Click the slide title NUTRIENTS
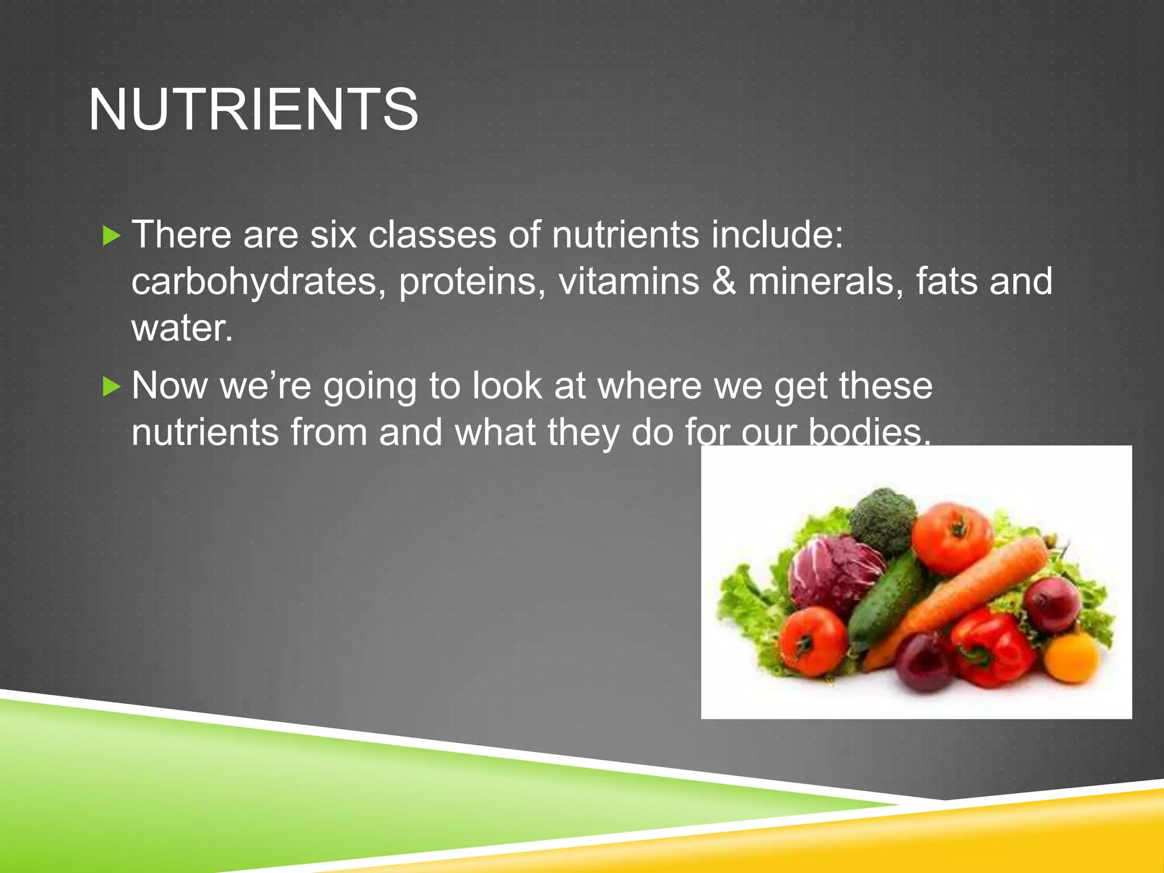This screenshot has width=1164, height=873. [253, 109]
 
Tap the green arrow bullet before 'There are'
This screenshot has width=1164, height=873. [112, 236]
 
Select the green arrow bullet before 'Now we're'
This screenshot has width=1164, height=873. [112, 388]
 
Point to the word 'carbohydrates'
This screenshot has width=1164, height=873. [254, 281]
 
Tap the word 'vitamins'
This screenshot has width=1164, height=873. [629, 281]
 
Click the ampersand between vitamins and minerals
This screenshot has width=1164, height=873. [724, 281]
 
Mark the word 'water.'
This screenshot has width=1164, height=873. [182, 328]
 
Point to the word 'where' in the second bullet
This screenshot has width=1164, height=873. [650, 386]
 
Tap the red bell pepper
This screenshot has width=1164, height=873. [992, 648]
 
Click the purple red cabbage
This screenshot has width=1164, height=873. [835, 571]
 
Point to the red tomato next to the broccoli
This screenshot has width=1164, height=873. [951, 537]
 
